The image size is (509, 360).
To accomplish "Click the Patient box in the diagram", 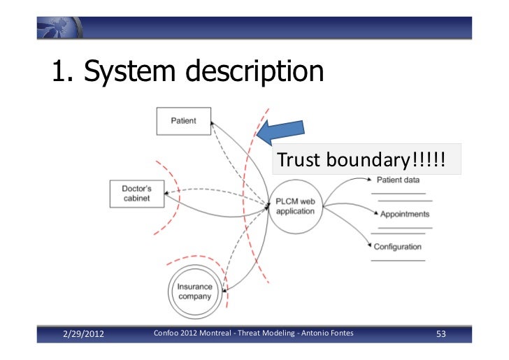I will pyautogui.click(x=183, y=121).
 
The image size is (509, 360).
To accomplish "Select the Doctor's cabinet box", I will pyautogui.click(x=137, y=194).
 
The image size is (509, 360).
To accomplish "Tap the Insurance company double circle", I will pyautogui.click(x=194, y=292).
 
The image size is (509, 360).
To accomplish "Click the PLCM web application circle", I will pyautogui.click(x=296, y=206).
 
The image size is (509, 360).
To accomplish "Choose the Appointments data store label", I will pyautogui.click(x=405, y=215).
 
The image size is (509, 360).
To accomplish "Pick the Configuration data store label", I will pyautogui.click(x=398, y=247).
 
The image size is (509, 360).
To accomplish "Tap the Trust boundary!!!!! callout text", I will pyautogui.click(x=360, y=161).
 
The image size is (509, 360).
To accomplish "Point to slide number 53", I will pyautogui.click(x=440, y=335).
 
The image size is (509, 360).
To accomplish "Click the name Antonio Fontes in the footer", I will pyautogui.click(x=328, y=334).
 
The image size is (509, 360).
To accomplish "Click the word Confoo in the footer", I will pyautogui.click(x=166, y=334).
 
